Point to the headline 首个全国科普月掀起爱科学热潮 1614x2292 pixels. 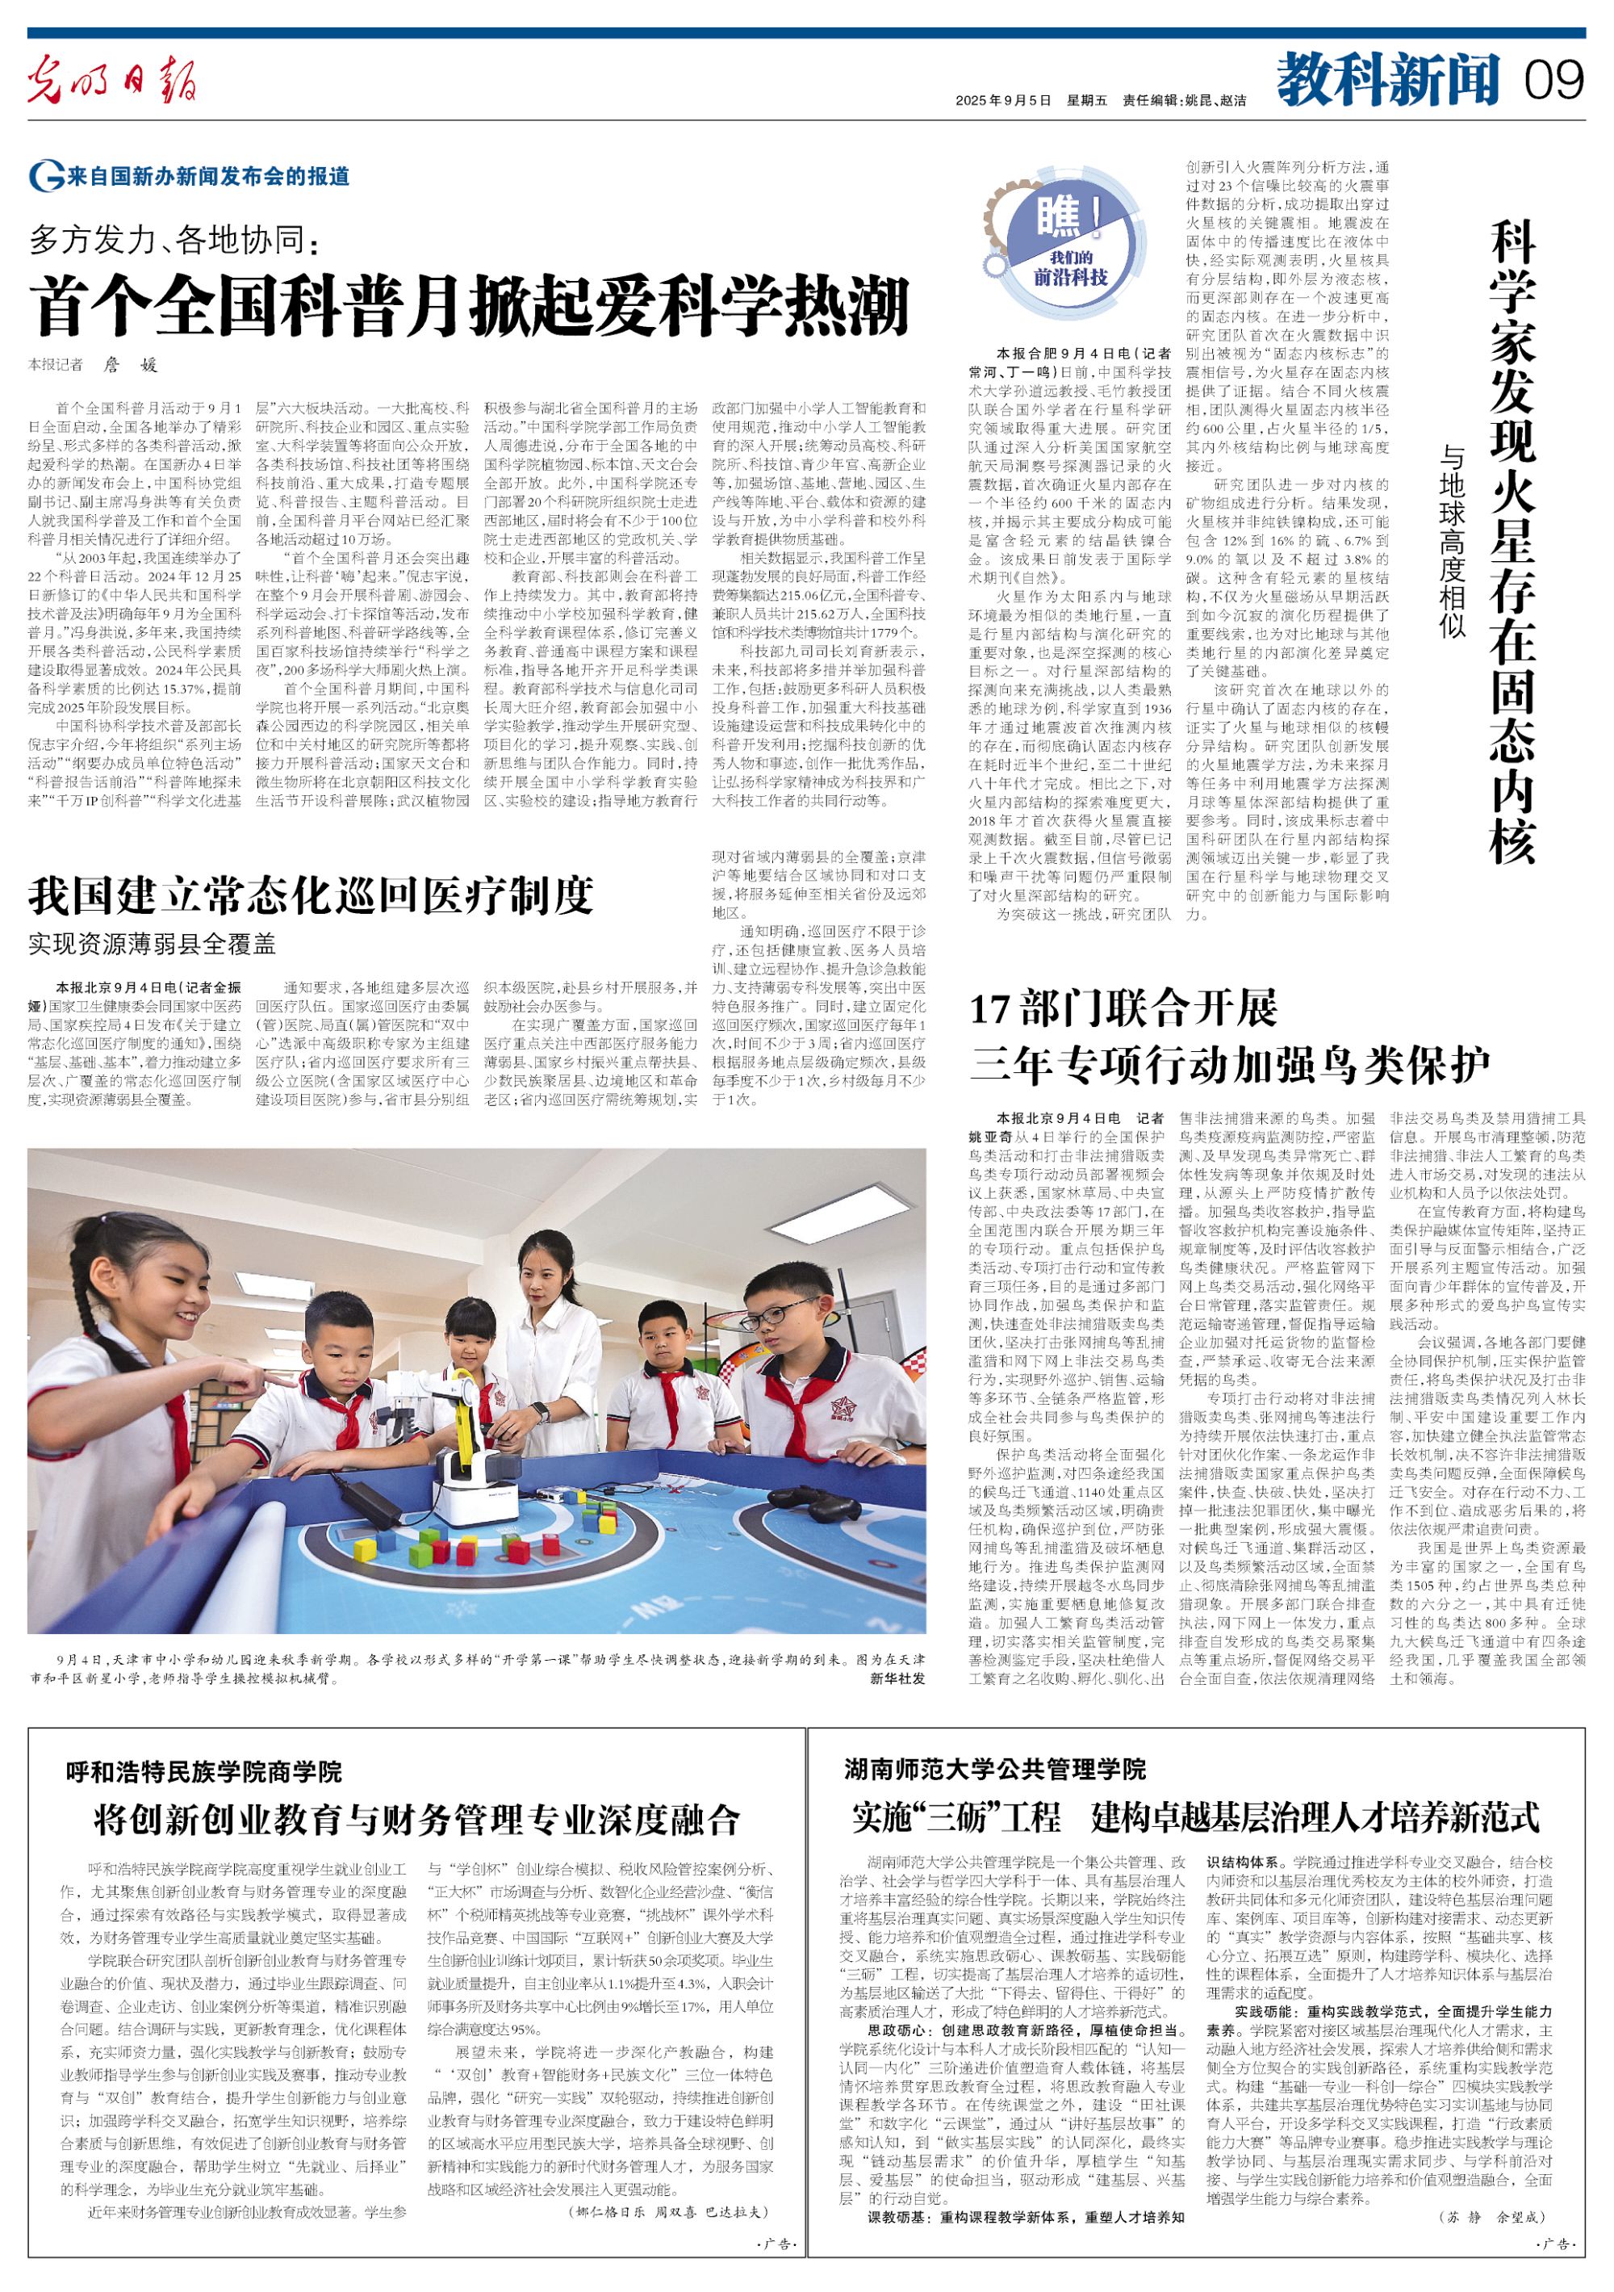(469, 307)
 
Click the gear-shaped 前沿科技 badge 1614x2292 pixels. (1070, 242)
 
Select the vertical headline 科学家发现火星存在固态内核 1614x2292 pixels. (1512, 539)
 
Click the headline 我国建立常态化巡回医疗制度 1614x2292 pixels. (312, 895)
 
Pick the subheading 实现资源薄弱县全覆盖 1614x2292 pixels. (152, 943)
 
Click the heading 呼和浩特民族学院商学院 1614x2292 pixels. (205, 1772)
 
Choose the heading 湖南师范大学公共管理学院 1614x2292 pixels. (994, 1770)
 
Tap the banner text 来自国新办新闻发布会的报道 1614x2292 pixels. (207, 177)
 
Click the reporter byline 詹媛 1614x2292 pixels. (131, 366)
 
